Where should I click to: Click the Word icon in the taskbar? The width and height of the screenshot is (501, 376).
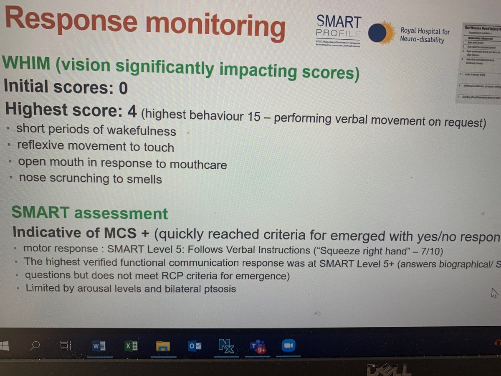99,347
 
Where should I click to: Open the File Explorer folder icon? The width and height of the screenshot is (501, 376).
163,347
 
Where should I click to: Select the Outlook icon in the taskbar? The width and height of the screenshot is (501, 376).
194,347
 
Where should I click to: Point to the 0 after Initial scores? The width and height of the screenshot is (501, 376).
123,88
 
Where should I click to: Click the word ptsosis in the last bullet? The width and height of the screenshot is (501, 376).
220,288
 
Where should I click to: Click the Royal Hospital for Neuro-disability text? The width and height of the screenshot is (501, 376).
425,35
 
